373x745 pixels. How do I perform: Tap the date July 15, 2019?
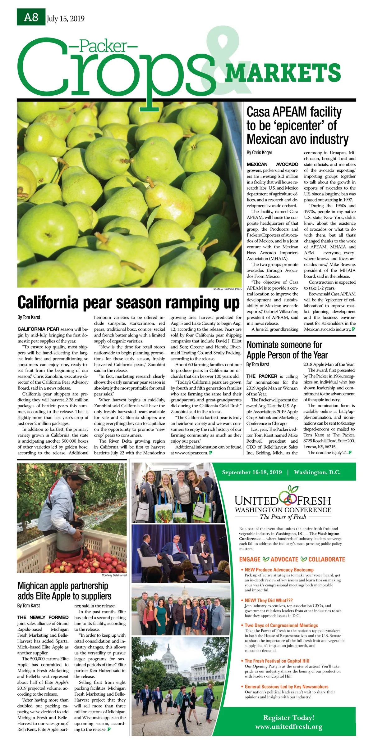66,19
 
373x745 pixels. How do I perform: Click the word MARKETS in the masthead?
283,73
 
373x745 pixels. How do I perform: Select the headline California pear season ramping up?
128,303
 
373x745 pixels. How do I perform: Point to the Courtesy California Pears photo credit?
227,289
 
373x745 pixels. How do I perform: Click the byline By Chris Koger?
259,152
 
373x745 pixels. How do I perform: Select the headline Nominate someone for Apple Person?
287,350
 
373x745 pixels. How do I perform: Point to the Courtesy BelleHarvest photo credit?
114,575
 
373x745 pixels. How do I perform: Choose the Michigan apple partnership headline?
64,591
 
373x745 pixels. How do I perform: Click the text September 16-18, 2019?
252,472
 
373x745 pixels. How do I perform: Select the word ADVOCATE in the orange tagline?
284,559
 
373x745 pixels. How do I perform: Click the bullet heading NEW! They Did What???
269,600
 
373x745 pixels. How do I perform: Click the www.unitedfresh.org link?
289,726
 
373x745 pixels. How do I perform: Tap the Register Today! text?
289,717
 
